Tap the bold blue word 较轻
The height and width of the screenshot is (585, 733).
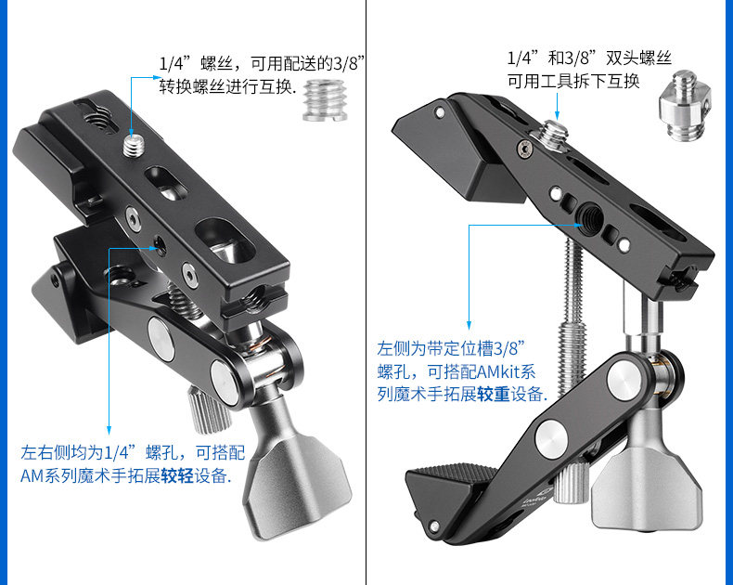point(181,477)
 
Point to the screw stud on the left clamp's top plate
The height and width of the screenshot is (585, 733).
point(133,142)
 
